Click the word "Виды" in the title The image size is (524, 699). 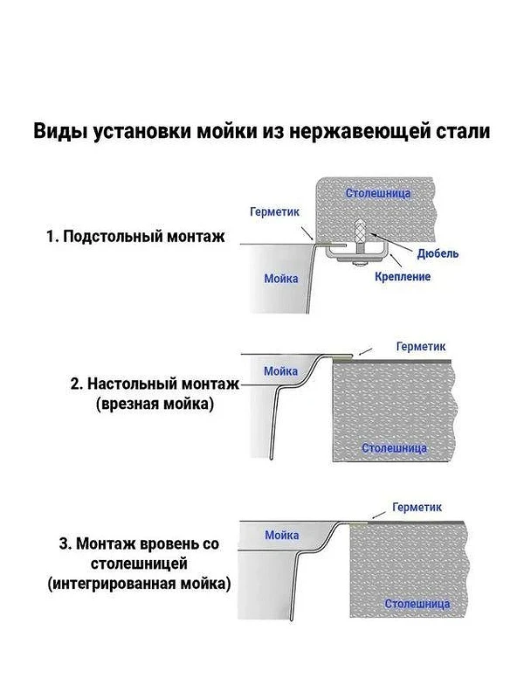pyautogui.click(x=60, y=133)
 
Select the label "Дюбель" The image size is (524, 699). pyautogui.click(x=438, y=253)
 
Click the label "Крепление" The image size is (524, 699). pyautogui.click(x=403, y=276)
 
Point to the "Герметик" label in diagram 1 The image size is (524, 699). pyautogui.click(x=274, y=211)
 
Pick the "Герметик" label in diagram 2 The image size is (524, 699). pyautogui.click(x=421, y=346)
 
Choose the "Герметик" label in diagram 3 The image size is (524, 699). pyautogui.click(x=417, y=507)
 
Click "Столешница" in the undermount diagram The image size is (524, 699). pyautogui.click(x=378, y=193)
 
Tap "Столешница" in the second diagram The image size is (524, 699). pyautogui.click(x=395, y=448)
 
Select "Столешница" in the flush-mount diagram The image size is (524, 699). pyautogui.click(x=417, y=604)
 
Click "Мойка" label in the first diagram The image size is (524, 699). pyautogui.click(x=281, y=279)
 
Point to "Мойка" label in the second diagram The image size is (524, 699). pyautogui.click(x=280, y=370)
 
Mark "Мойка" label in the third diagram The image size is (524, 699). pyautogui.click(x=281, y=535)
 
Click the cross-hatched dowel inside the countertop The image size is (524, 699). pyautogui.click(x=360, y=231)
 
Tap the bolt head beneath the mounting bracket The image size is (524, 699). pyautogui.click(x=360, y=265)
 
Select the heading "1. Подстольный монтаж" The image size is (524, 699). pyautogui.click(x=135, y=236)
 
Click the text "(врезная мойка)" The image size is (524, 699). pyautogui.click(x=155, y=404)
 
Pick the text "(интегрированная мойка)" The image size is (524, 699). pyautogui.click(x=139, y=584)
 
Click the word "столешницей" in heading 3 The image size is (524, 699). pyautogui.click(x=139, y=564)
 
